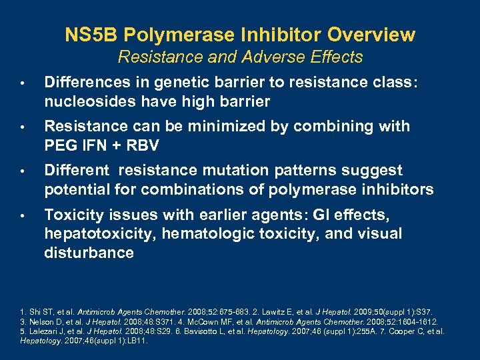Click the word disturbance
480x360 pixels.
(89, 253)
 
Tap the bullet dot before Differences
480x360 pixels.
(22, 83)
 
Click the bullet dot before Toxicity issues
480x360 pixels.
(22, 216)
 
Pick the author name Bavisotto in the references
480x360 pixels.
(193, 331)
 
